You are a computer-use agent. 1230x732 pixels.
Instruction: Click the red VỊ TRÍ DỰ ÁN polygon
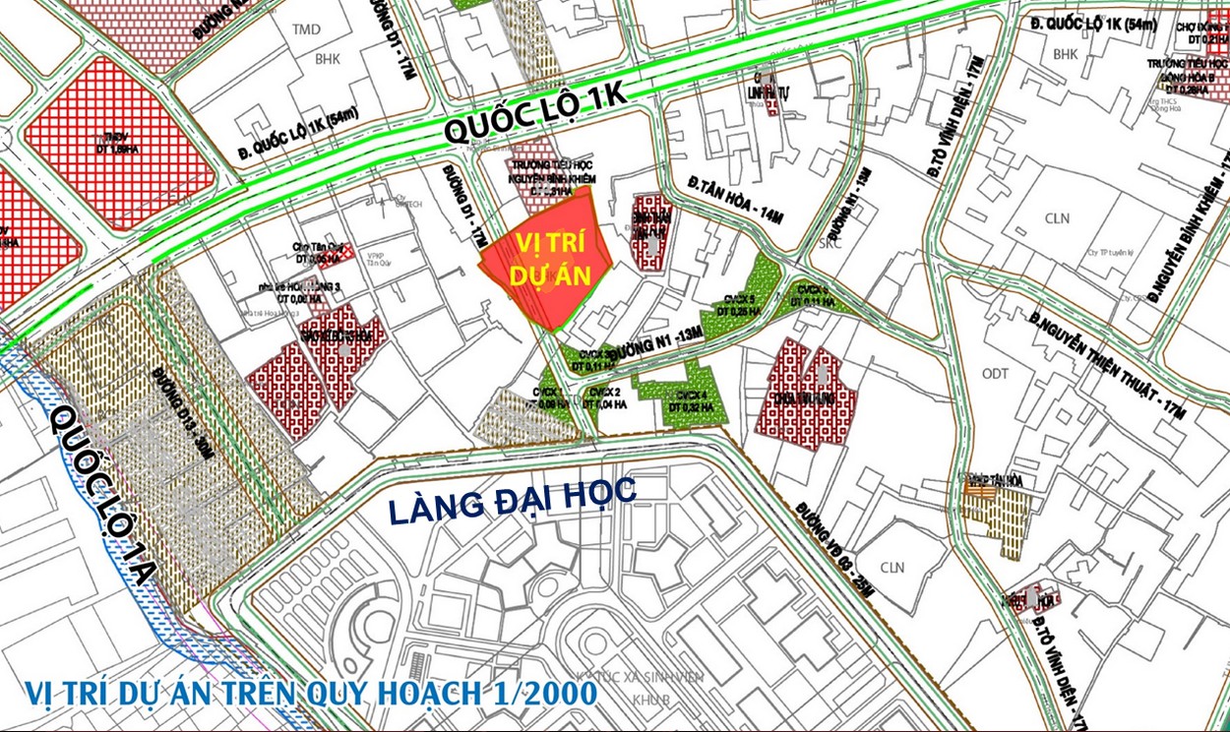coord(547,261)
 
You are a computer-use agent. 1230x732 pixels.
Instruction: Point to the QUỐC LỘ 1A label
coord(104,496)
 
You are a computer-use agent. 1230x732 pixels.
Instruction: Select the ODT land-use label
coord(995,373)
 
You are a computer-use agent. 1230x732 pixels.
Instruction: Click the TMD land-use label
coord(306,30)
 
